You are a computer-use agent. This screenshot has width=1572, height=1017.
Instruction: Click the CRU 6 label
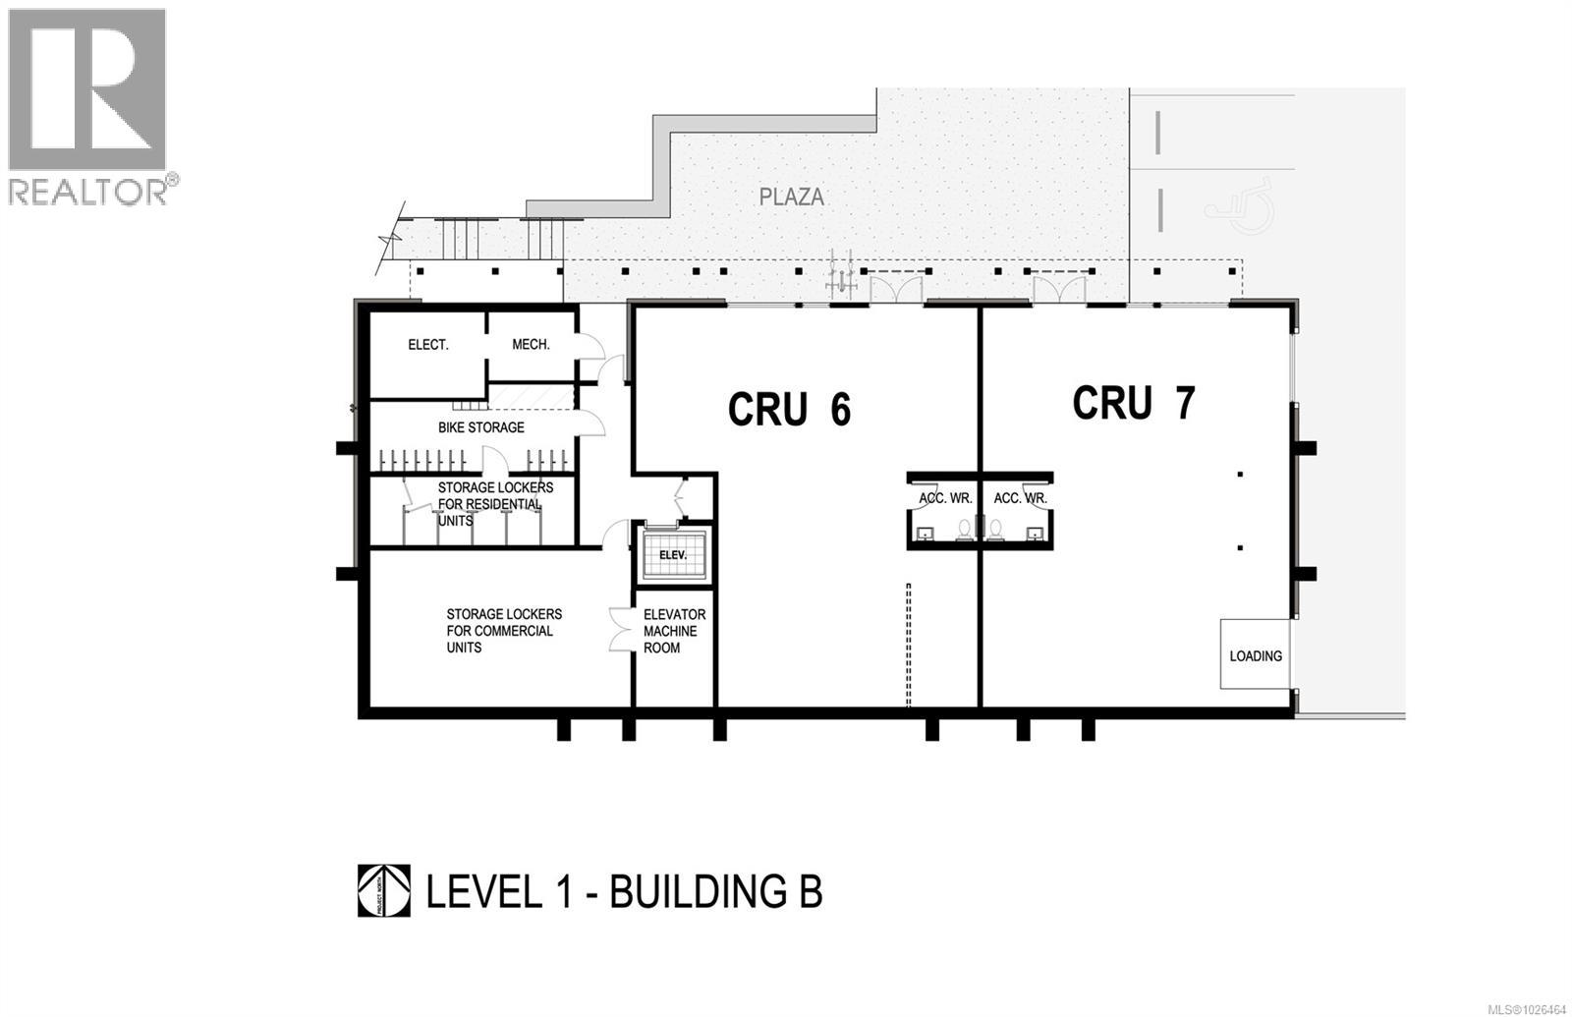point(789,410)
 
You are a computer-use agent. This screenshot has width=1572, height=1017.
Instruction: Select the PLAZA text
point(791,197)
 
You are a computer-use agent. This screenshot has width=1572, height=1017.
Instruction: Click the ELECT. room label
point(428,345)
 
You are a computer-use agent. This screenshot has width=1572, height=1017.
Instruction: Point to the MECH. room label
point(531,345)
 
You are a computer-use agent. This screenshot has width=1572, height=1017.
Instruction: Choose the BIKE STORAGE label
point(480,427)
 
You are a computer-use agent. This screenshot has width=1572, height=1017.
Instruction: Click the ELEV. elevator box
point(673,555)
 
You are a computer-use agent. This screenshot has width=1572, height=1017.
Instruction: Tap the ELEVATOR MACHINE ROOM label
point(673,631)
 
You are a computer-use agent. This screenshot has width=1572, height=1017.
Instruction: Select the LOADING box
point(1255,654)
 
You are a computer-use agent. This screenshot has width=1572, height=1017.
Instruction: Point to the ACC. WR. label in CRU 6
point(945,498)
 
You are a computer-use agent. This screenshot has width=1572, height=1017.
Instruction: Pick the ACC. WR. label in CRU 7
point(1020,498)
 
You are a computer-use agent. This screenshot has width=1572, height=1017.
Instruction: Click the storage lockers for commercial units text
point(503,631)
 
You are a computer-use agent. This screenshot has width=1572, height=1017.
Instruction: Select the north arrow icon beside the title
point(383,891)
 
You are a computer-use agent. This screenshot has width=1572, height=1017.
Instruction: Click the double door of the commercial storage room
point(620,630)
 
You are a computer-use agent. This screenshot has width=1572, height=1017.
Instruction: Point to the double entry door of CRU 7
point(1059,289)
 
